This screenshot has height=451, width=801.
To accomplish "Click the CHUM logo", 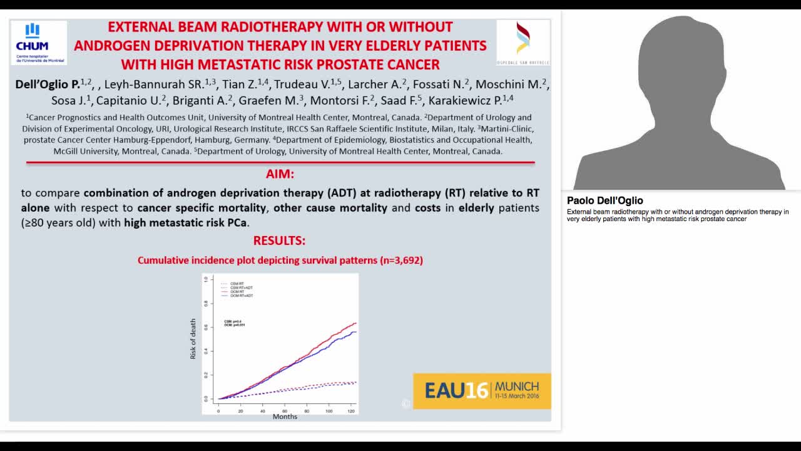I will click(38, 42).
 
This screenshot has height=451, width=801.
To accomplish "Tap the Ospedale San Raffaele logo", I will click(523, 42).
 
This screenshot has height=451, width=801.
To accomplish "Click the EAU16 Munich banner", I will click(482, 391).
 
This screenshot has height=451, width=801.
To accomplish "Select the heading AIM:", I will click(280, 174).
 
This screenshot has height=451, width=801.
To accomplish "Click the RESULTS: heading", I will click(279, 241).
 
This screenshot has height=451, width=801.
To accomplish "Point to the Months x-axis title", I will click(285, 417).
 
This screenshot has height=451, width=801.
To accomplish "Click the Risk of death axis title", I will click(193, 339).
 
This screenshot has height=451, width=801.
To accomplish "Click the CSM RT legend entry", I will click(233, 284).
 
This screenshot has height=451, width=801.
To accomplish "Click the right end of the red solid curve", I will click(355, 323).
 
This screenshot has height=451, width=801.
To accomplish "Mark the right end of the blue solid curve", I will click(355, 332).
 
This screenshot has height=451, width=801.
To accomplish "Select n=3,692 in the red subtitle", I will click(401, 260).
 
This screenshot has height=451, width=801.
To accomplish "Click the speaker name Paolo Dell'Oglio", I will click(605, 201).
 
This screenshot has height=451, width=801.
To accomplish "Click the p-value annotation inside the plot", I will click(234, 323).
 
